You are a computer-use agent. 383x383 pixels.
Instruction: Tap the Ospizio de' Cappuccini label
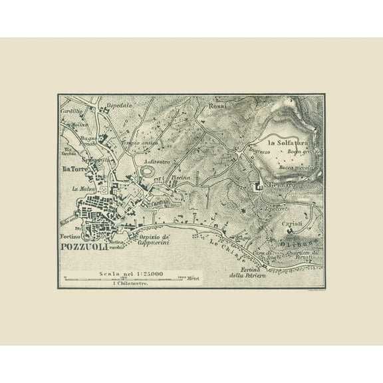(155, 239)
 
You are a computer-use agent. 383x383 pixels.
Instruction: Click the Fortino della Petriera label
(243, 272)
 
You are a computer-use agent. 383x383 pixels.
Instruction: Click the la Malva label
(80, 188)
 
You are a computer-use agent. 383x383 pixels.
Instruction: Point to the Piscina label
(181, 178)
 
